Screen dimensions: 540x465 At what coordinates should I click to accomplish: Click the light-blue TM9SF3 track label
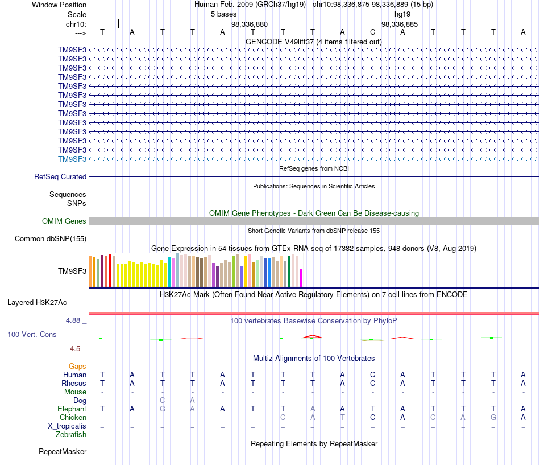coord(72,159)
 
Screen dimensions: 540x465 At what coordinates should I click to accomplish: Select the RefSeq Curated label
coord(60,176)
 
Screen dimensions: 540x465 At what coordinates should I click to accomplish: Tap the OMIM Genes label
coord(64,221)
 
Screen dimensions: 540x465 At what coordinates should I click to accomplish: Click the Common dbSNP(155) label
coord(51,238)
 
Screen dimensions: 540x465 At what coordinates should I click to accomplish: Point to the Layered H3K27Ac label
coord(37,303)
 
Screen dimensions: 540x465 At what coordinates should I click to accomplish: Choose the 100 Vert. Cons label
coord(32,334)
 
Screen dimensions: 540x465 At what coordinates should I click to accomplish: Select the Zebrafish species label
coord(71,435)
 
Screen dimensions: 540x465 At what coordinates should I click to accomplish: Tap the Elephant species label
coord(72,409)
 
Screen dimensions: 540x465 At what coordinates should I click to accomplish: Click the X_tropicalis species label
coord(67,426)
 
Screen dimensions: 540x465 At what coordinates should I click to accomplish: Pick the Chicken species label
coord(73,417)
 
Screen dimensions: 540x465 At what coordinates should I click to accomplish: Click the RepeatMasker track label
coord(63,451)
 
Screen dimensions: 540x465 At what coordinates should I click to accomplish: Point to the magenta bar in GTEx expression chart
coord(301,278)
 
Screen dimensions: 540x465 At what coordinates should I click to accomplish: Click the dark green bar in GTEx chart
coord(289,271)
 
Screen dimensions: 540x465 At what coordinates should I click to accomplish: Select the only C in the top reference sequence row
coord(373,32)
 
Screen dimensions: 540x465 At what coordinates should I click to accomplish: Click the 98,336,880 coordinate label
coord(250,24)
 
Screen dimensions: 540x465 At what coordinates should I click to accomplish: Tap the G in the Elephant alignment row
coord(163,409)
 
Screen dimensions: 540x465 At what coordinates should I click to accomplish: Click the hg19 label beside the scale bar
coord(402,14)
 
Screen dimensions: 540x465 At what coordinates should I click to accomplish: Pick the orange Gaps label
coord(77,366)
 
